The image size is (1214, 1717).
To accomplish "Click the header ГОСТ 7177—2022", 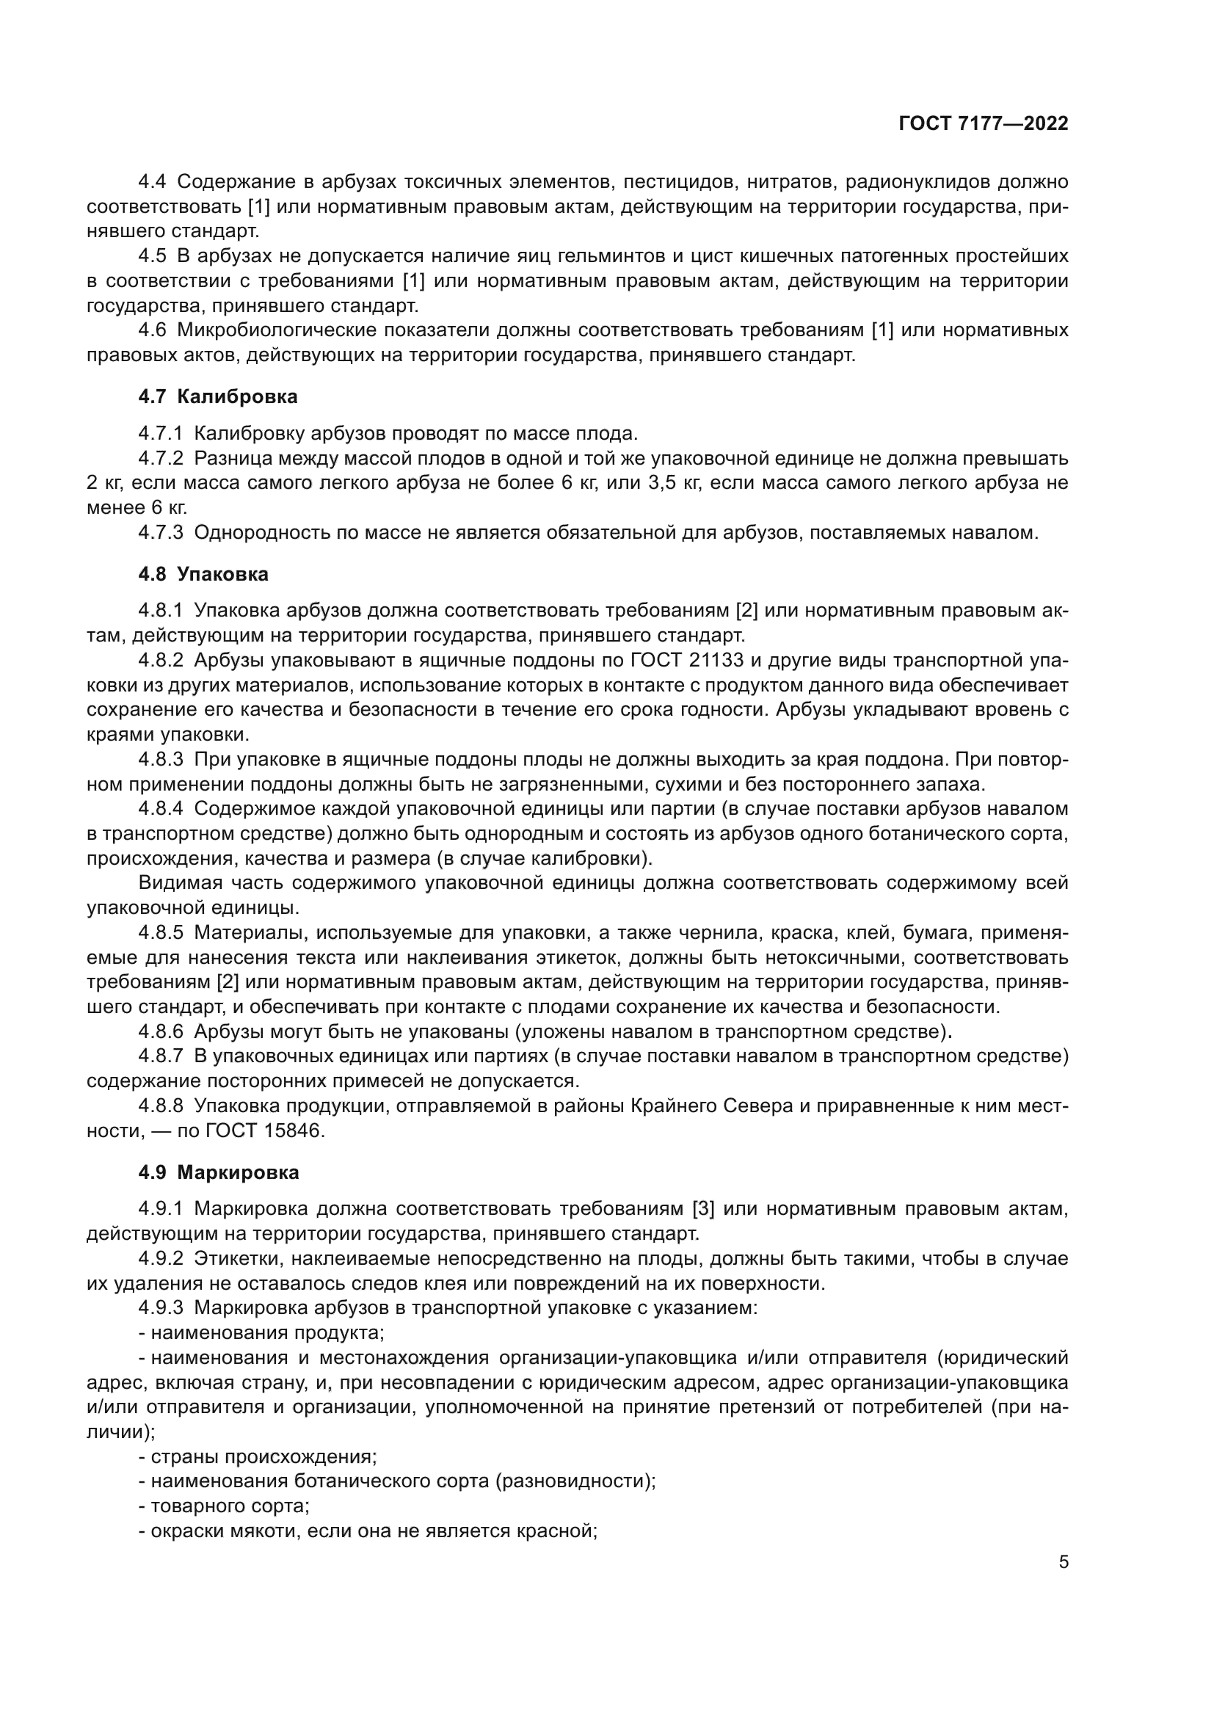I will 983,124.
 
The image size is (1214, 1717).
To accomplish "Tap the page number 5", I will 1063,1561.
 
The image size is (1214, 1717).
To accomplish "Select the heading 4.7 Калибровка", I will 217,397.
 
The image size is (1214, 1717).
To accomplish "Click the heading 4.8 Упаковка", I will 203,574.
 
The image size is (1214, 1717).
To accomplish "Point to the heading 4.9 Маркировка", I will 218,1172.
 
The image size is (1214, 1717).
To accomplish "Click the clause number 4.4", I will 153,182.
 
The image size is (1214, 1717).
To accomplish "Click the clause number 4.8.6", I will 160,1032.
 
